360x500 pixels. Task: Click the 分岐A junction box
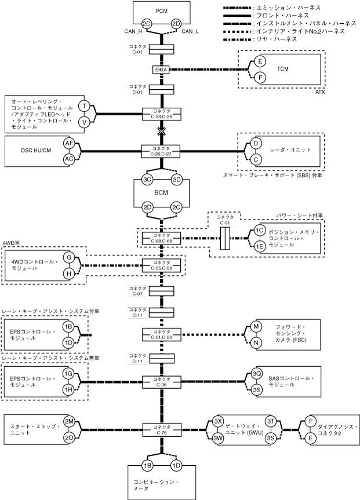click(x=160, y=70)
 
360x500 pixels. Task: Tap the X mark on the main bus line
click(x=160, y=132)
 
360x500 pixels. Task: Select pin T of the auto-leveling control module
click(x=84, y=106)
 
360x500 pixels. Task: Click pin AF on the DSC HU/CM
click(x=69, y=143)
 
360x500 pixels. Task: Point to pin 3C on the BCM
click(x=147, y=180)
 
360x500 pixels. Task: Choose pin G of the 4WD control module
click(x=68, y=257)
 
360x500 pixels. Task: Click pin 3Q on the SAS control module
click(x=257, y=373)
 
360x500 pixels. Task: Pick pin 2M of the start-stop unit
click(x=69, y=421)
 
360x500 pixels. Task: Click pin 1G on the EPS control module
click(x=69, y=374)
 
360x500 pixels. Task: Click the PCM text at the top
click(x=162, y=11)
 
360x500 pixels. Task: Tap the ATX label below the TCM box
click(x=319, y=92)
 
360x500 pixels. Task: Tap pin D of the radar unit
click(x=254, y=143)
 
